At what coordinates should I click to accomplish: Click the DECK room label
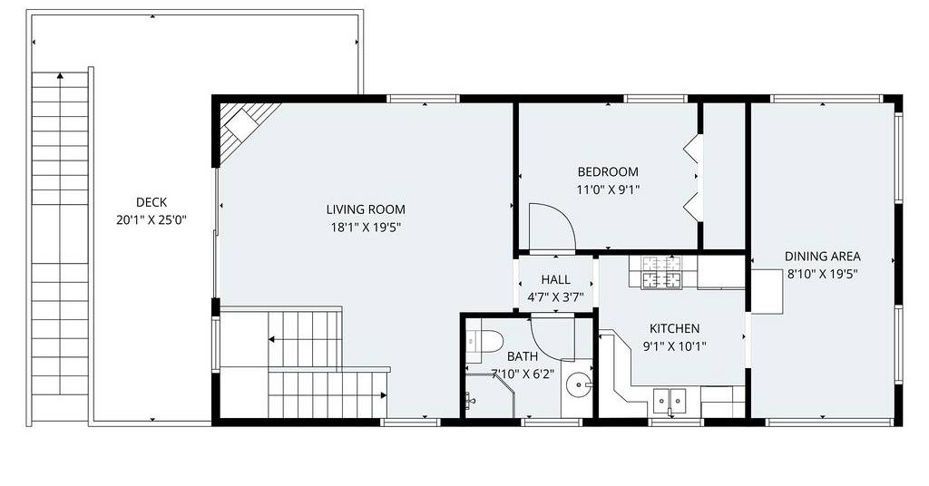[152, 202]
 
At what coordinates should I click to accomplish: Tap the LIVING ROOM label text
[366, 209]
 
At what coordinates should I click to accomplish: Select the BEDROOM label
[608, 172]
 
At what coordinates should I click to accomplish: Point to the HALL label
[556, 279]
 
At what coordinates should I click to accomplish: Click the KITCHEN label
[674, 328]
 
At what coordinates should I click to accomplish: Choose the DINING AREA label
[822, 257]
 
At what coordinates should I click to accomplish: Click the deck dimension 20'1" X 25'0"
[152, 220]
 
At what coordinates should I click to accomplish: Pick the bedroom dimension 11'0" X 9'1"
[608, 190]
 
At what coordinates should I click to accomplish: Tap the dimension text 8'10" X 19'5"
[822, 274]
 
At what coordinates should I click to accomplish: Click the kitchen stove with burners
[661, 272]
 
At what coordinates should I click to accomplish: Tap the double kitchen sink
[670, 400]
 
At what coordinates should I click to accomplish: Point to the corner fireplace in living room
[243, 131]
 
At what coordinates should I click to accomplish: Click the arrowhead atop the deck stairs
[60, 76]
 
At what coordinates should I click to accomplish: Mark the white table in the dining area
[768, 291]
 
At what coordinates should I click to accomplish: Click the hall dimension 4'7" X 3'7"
[556, 297]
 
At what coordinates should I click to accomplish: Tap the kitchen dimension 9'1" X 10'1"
[674, 346]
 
